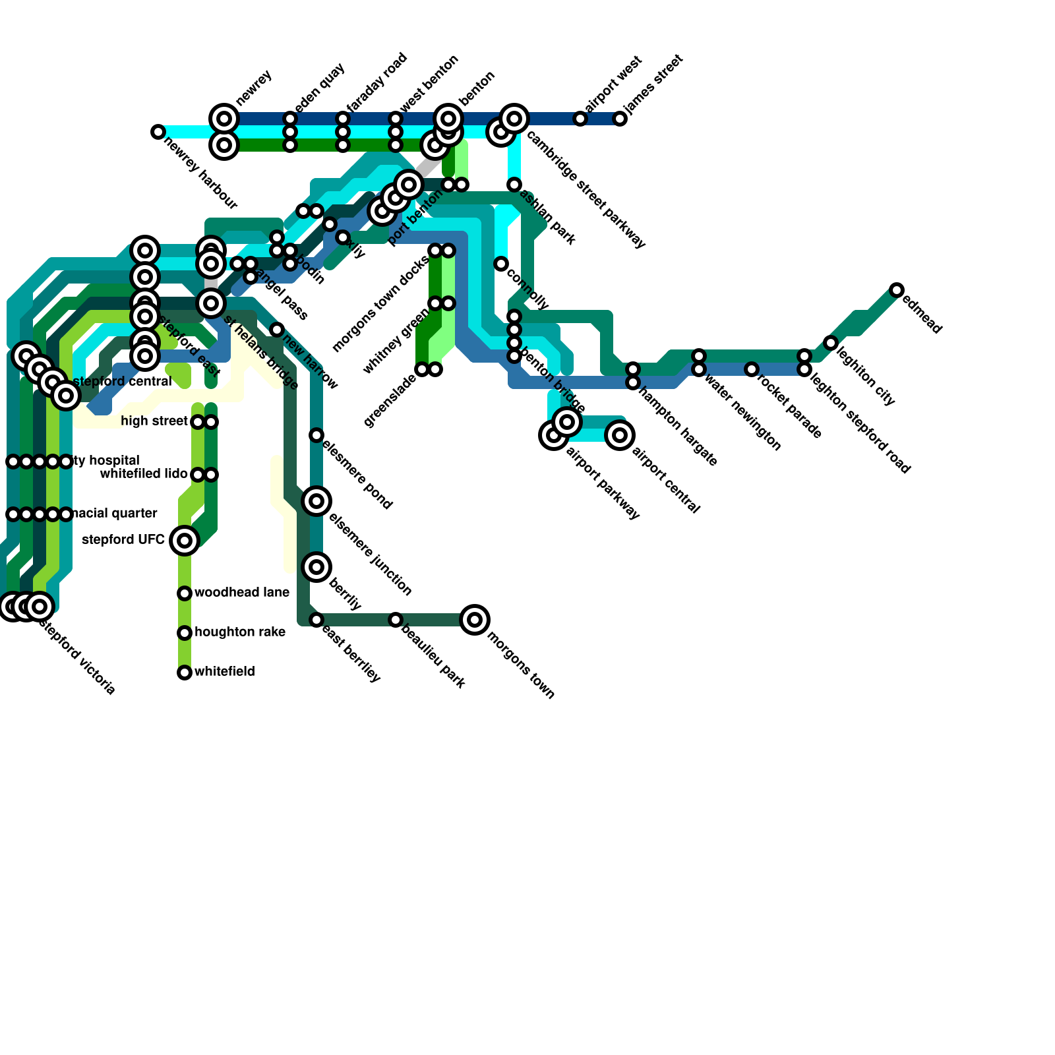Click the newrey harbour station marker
(x=158, y=132)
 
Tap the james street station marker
(x=620, y=119)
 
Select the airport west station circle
(x=580, y=119)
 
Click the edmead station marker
(x=897, y=290)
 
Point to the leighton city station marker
(x=831, y=343)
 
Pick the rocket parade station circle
(x=752, y=369)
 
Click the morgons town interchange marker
(x=475, y=620)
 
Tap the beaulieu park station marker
(x=396, y=620)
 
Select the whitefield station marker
(x=185, y=673)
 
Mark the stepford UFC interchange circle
(x=185, y=541)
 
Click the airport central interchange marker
(x=620, y=435)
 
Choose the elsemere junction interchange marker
(x=316, y=501)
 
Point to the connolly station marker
(x=501, y=264)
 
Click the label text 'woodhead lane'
(x=242, y=593)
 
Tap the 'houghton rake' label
(x=240, y=632)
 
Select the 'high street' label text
(x=154, y=421)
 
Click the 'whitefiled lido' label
(x=144, y=474)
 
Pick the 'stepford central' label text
(x=123, y=382)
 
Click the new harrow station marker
(x=277, y=330)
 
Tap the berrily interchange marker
(x=316, y=567)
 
